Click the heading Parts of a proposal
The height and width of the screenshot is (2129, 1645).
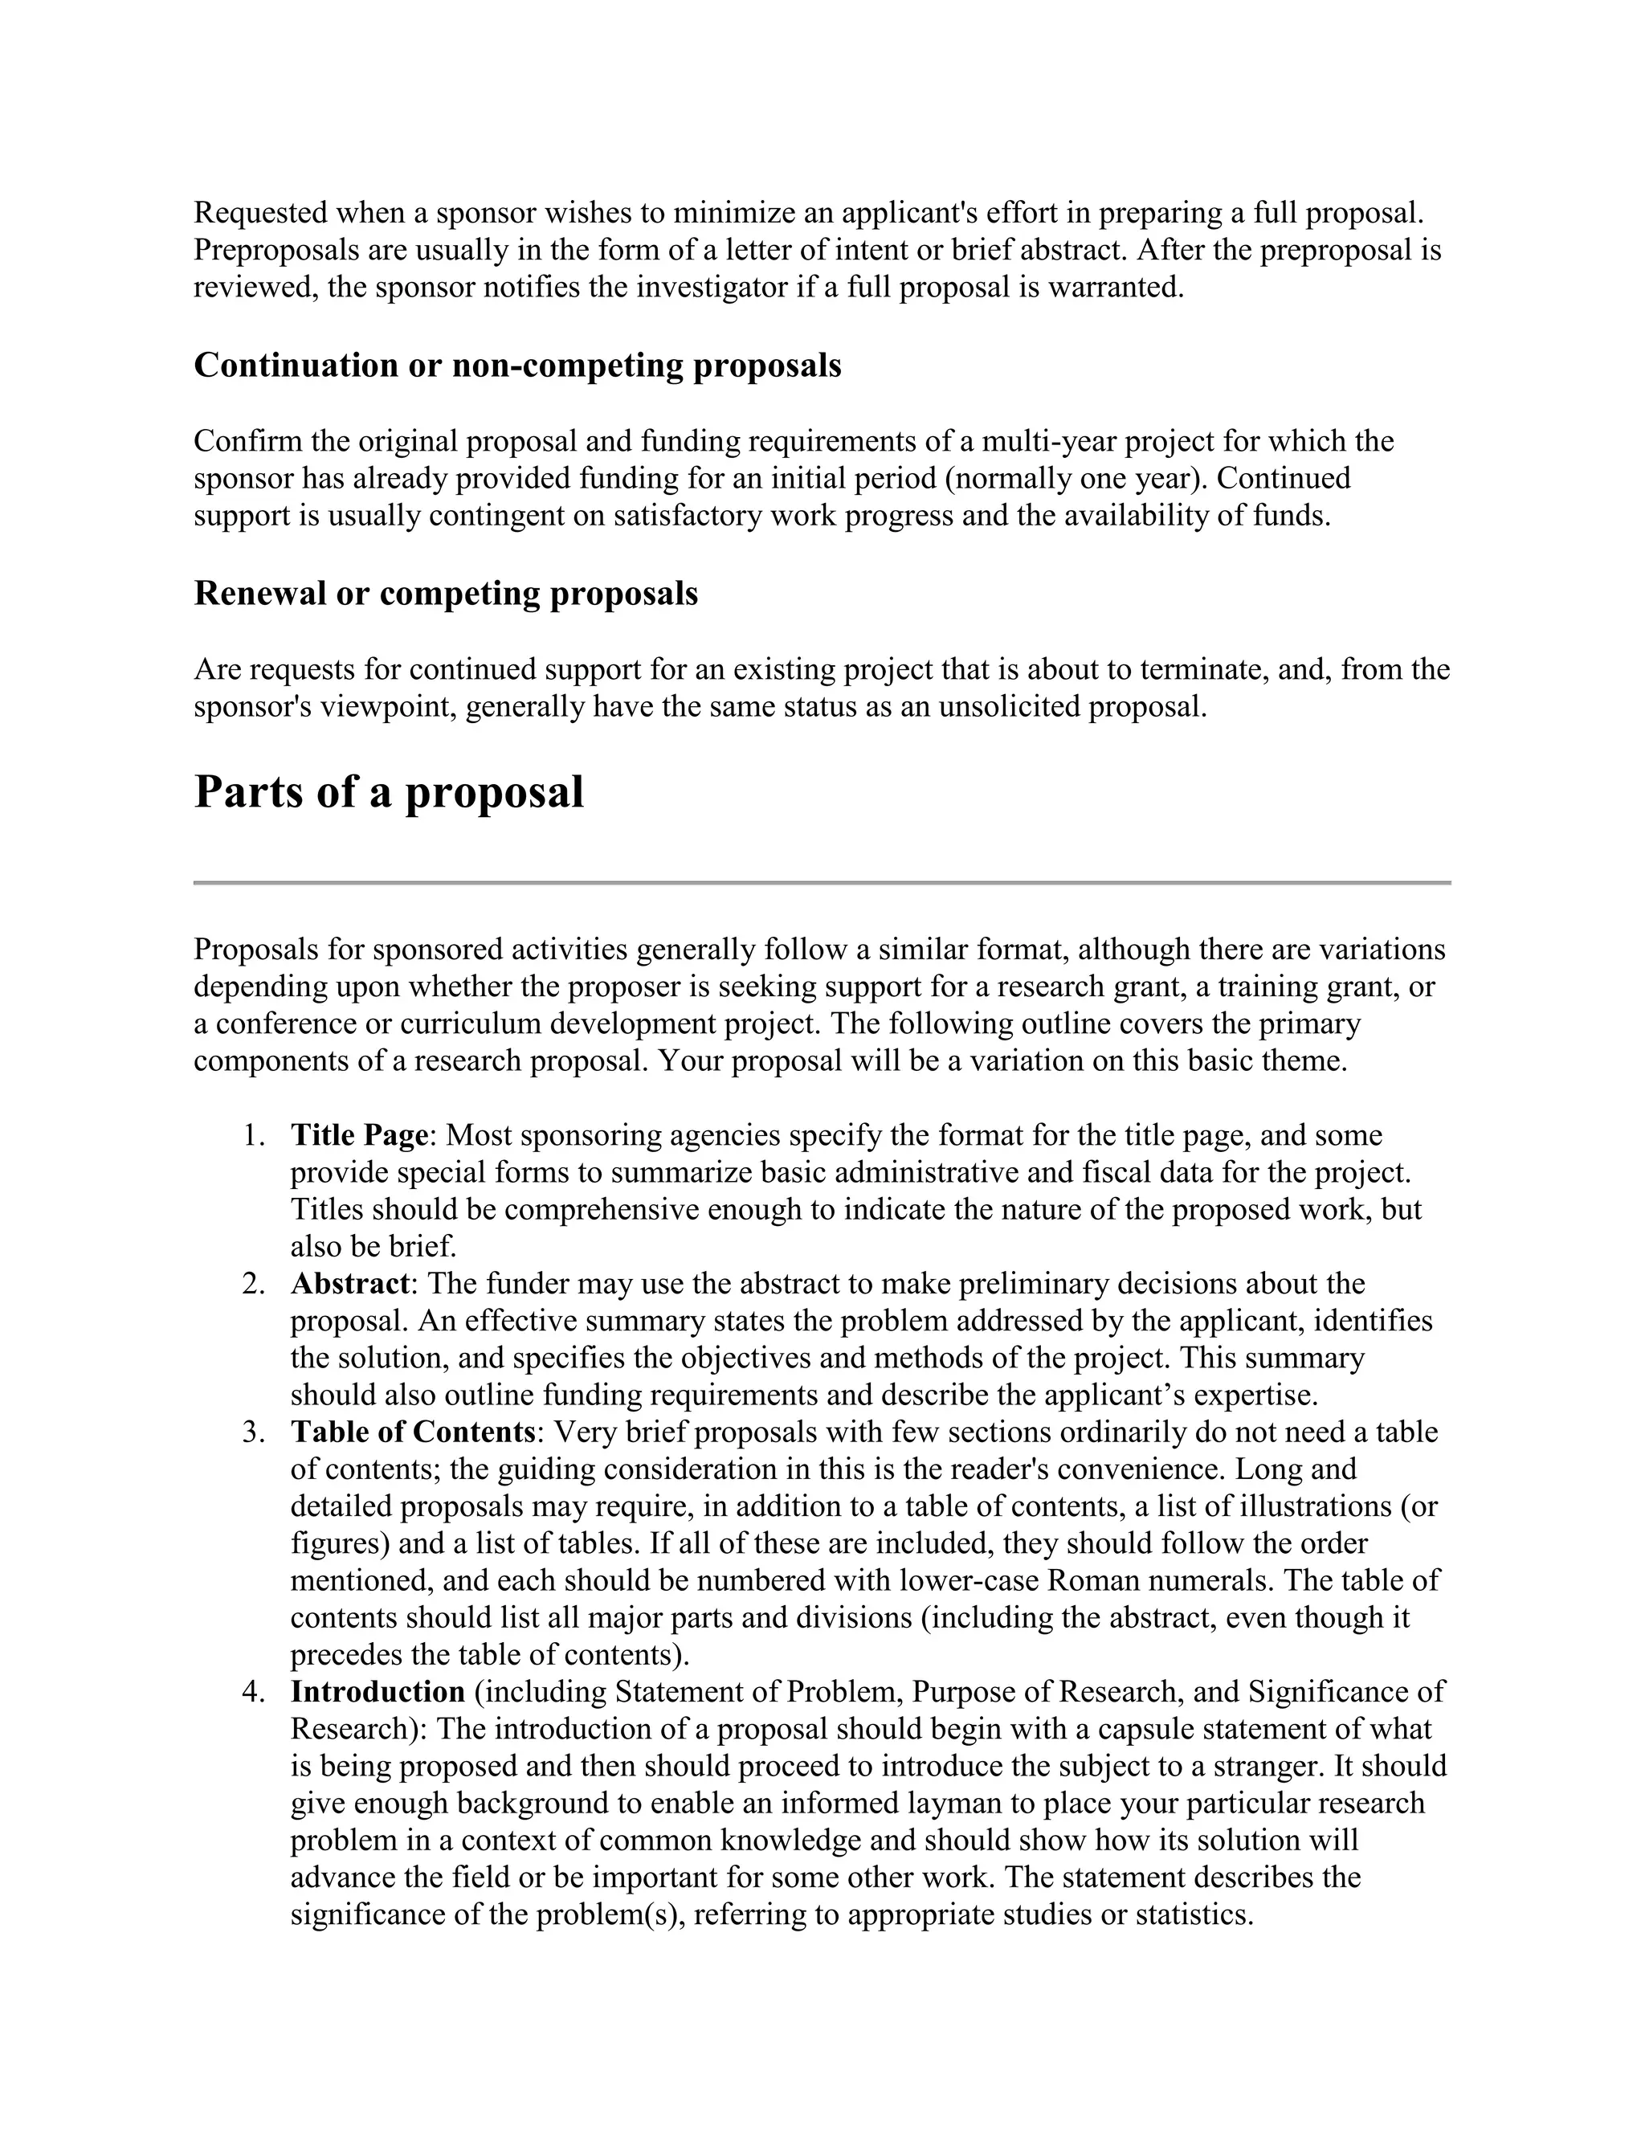[389, 791]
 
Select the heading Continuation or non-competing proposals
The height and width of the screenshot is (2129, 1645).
[516, 365]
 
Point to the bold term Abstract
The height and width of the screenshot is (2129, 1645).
[349, 1283]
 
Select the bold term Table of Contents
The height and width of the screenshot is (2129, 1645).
[412, 1431]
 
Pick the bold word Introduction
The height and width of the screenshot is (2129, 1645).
[378, 1691]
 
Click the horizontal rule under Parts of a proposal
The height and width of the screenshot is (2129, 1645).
[822, 883]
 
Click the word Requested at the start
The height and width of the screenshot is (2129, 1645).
[261, 213]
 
